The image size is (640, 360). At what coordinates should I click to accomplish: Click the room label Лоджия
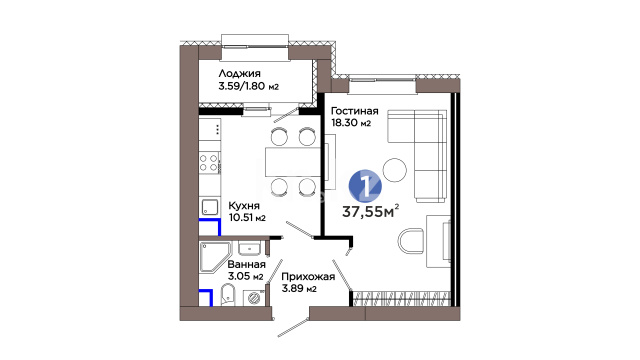click(239, 74)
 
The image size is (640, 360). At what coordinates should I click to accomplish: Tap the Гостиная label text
click(354, 111)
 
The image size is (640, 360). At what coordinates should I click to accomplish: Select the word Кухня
click(244, 205)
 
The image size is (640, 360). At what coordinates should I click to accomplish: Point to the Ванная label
click(247, 264)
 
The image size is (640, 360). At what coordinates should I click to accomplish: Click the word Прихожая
click(308, 276)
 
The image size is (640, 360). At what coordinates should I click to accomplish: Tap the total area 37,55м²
click(370, 211)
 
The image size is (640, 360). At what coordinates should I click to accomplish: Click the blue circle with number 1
click(365, 186)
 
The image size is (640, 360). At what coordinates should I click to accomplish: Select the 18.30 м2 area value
click(351, 122)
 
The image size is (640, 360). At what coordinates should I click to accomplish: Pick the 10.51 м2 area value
click(247, 218)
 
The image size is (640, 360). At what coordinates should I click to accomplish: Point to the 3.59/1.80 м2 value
click(249, 86)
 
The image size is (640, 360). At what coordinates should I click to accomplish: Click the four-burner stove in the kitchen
click(209, 162)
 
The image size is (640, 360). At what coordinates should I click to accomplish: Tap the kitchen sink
click(210, 207)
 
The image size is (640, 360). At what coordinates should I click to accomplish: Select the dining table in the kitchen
click(293, 162)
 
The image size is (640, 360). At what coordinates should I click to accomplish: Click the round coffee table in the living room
click(395, 170)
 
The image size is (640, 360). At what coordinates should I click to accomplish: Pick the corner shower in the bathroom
click(215, 258)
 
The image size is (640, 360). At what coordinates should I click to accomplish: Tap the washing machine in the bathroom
click(254, 298)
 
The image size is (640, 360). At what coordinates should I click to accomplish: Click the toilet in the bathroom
click(227, 295)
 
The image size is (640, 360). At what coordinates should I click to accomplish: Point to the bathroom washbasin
click(249, 248)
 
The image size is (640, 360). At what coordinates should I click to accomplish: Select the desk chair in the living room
click(412, 241)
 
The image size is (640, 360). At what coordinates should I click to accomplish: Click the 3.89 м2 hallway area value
click(299, 289)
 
